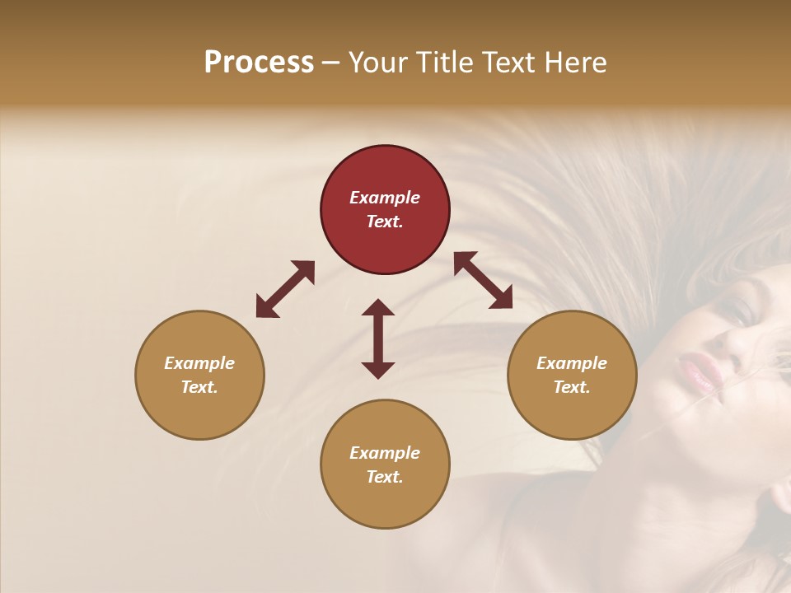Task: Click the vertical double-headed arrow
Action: [378, 339]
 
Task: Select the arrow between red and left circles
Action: [285, 289]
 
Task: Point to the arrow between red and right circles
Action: [483, 280]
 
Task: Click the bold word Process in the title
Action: [259, 63]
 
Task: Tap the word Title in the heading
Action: [445, 63]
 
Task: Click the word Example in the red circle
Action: [385, 198]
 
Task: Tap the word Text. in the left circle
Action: [199, 387]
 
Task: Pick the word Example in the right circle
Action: [572, 363]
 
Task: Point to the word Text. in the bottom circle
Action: [385, 477]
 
